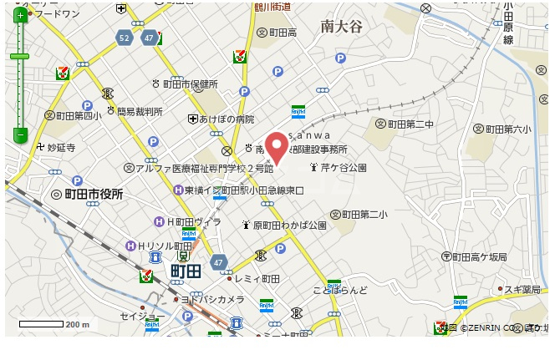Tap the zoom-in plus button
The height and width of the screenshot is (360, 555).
19,15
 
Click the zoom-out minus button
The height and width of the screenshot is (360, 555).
19,134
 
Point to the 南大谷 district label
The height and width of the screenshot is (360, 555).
341,28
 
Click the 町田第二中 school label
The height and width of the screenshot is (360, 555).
410,124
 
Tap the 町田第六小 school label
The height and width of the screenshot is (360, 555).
508,129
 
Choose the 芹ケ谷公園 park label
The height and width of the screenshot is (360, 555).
345,168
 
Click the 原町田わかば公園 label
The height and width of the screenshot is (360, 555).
289,225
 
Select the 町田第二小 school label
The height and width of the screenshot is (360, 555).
364,215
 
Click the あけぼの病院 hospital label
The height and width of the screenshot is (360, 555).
226,119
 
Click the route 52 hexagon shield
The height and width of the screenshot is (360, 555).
125,38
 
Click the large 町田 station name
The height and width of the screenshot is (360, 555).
186,271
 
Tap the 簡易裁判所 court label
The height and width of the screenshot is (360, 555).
140,111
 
